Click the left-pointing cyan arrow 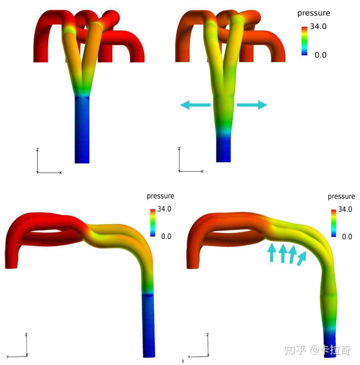point(195,105)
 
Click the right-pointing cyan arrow point(252,105)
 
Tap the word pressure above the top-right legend point(314,13)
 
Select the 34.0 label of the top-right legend point(318,27)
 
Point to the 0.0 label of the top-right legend point(320,55)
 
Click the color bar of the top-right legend point(304,41)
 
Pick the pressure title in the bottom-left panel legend point(160,196)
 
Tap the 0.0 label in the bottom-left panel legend point(166,236)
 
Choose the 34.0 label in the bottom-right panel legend point(345,209)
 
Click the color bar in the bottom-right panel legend point(334,223)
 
